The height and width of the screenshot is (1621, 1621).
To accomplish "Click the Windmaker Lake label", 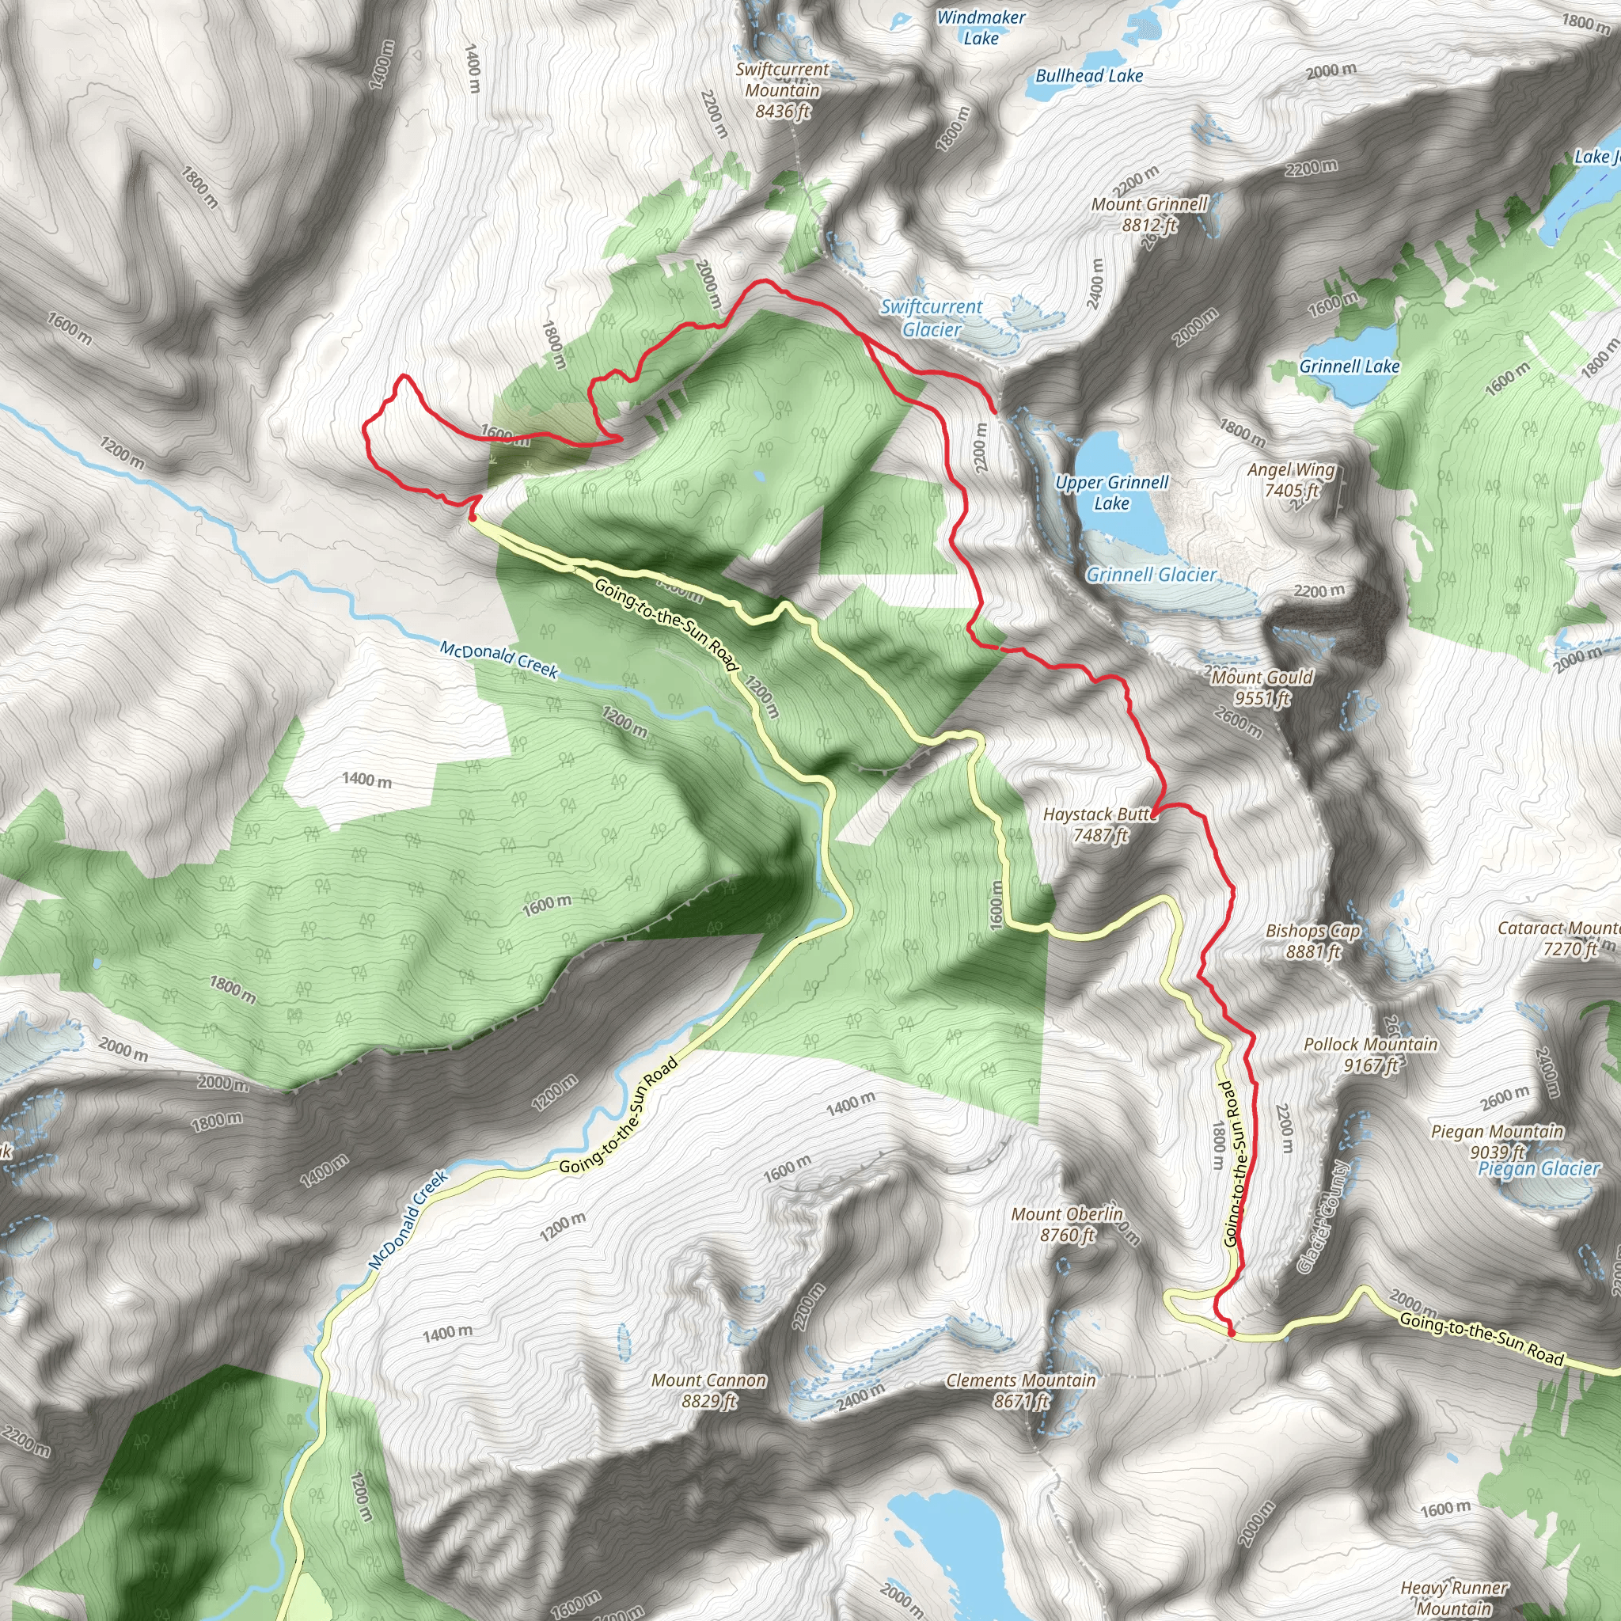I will [981, 28].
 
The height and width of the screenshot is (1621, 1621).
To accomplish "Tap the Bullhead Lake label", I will [1089, 75].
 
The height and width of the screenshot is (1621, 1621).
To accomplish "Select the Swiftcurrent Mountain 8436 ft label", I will [782, 89].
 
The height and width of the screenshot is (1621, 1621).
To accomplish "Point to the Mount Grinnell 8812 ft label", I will [1149, 214].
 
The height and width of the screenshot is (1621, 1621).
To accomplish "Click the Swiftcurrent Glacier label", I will [932, 318].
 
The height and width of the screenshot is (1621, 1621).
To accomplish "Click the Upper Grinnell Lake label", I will [1112, 492].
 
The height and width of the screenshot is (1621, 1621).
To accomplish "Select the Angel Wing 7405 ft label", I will [1291, 480].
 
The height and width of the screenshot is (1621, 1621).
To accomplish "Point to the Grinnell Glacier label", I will [1151, 575].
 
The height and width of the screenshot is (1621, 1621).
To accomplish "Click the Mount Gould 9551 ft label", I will [1262, 687].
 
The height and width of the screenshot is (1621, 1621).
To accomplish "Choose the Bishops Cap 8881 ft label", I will [1313, 940].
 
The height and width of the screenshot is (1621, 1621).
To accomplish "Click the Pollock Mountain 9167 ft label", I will [1371, 1054].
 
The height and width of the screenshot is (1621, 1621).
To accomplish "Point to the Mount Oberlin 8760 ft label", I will [1066, 1224].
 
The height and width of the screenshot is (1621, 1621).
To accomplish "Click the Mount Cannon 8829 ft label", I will [709, 1390].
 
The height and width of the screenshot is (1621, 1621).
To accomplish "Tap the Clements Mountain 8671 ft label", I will [1021, 1390].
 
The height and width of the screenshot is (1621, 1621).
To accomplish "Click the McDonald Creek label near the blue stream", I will [499, 659].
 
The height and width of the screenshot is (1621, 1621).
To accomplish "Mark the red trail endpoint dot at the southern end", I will [1231, 1331].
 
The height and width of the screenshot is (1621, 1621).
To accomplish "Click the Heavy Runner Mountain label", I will [1454, 1597].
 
